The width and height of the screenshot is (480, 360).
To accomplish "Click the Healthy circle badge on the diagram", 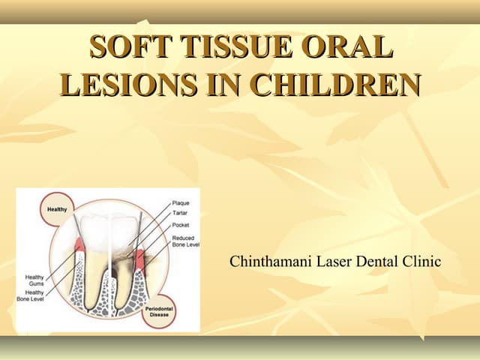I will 58,209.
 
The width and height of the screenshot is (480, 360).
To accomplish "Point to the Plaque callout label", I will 181,203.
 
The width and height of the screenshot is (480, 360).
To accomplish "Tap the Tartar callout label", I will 180,213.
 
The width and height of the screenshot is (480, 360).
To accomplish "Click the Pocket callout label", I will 180,224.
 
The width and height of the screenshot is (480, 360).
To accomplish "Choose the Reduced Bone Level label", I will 184,241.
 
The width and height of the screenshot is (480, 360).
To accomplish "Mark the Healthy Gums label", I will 35,280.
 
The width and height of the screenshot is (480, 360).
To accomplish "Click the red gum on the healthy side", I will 79,246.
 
